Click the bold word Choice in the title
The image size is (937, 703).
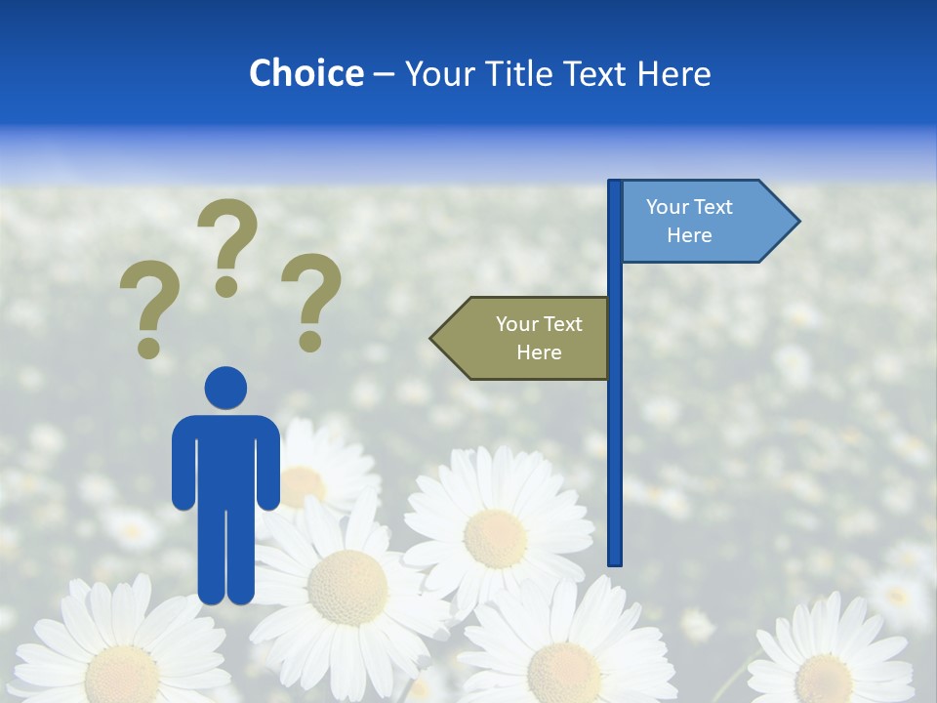pyautogui.click(x=306, y=73)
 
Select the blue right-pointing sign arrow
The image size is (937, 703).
pyautogui.click(x=703, y=222)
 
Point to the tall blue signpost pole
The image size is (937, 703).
pyautogui.click(x=615, y=410)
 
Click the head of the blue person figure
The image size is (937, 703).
pyautogui.click(x=225, y=388)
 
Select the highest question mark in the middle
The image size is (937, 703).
pyautogui.click(x=227, y=244)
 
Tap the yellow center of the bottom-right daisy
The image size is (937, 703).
pyautogui.click(x=823, y=679)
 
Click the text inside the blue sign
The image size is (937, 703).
pyautogui.click(x=689, y=222)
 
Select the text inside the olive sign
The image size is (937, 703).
pyautogui.click(x=539, y=339)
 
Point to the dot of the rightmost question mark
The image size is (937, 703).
pyautogui.click(x=310, y=342)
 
